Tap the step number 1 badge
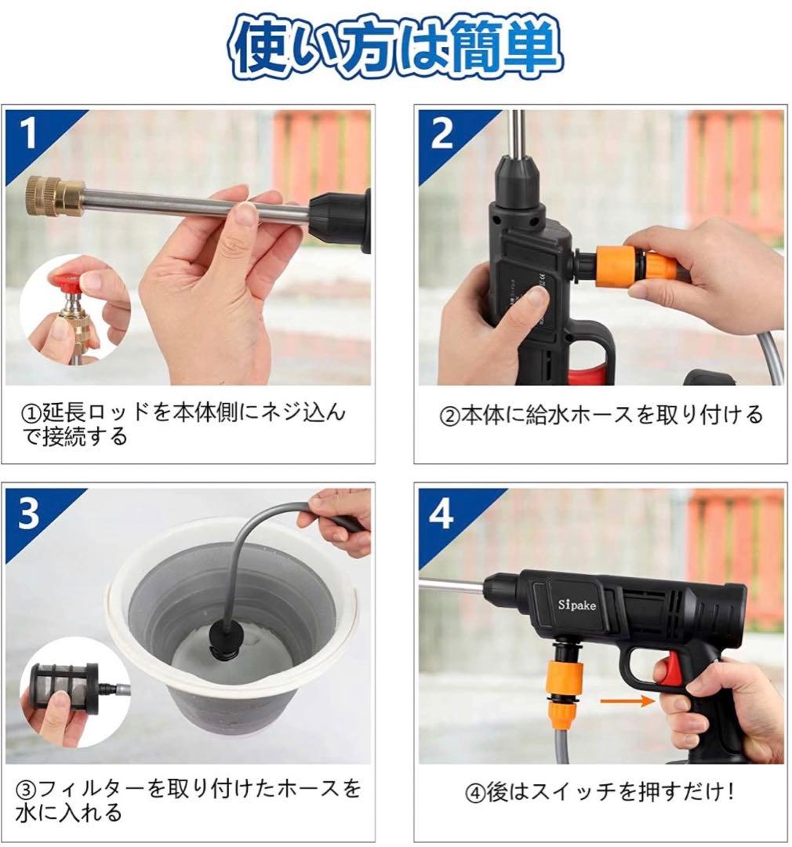pyautogui.click(x=30, y=133)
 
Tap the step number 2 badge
pyautogui.click(x=441, y=133)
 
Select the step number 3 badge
pyautogui.click(x=30, y=513)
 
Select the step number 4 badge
pyautogui.click(x=441, y=513)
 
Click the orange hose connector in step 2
pyautogui.click(x=635, y=266)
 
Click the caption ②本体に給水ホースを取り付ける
pyautogui.click(x=600, y=414)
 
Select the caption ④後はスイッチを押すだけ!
pyautogui.click(x=600, y=792)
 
